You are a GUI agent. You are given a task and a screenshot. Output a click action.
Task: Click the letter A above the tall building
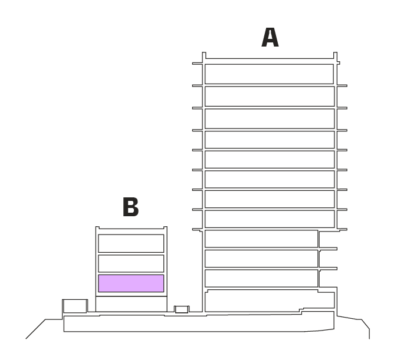click(x=270, y=38)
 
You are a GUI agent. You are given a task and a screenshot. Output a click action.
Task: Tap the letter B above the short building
click(x=130, y=207)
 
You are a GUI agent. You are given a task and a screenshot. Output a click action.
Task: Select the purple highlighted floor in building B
click(x=131, y=283)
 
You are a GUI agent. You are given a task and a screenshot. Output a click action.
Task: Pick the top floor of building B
click(x=131, y=243)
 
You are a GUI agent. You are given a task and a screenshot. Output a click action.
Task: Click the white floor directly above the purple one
click(x=131, y=263)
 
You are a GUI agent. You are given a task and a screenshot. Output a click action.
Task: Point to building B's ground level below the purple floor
click(x=131, y=304)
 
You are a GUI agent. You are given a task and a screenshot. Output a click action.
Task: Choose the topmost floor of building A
click(x=269, y=74)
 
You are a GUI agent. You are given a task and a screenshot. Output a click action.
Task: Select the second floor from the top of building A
click(x=270, y=96)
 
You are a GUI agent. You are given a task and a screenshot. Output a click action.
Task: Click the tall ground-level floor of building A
click(x=270, y=300)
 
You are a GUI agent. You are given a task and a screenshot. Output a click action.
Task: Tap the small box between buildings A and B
click(x=182, y=309)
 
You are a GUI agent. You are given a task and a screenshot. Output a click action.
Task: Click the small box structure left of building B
click(x=75, y=306)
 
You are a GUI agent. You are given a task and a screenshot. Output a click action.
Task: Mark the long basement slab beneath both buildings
click(x=199, y=323)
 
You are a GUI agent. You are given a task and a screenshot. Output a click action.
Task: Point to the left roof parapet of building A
click(x=204, y=57)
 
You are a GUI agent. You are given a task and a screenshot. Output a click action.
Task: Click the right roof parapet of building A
click(x=335, y=57)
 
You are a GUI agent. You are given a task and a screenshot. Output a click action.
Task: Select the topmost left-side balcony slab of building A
click(x=197, y=64)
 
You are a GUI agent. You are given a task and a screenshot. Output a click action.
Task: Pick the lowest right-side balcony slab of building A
click(x=329, y=269)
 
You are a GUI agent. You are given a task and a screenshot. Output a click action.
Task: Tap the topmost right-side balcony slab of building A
click(x=342, y=85)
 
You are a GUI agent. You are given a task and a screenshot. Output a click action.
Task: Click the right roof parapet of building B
click(x=165, y=228)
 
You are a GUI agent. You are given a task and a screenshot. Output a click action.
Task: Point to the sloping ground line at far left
click(x=35, y=329)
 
